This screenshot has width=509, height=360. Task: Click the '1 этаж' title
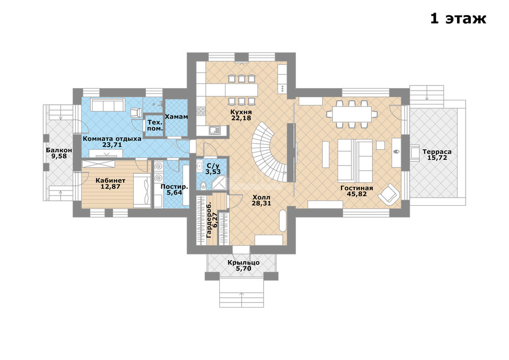coord(458,18)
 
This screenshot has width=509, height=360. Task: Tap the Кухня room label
coord(241,112)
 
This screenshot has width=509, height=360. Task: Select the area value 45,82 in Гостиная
coord(356,194)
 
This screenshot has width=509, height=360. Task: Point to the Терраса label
coord(437,152)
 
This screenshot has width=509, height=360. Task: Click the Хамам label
coord(176,117)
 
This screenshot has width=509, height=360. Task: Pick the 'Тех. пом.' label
coord(155,125)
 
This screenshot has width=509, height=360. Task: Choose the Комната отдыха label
coord(112,139)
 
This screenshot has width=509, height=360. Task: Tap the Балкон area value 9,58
coord(59,156)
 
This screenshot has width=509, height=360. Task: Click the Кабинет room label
coord(110,180)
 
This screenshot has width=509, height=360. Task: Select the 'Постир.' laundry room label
coord(174,187)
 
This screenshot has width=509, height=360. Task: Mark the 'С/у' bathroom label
coord(213,166)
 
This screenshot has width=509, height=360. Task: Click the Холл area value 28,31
coord(261,203)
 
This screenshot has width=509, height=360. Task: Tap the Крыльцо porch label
coord(243,263)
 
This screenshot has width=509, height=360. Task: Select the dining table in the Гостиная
coord(352,114)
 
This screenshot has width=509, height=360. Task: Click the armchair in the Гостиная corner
coord(389,194)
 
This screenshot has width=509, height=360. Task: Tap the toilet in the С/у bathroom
coord(204,185)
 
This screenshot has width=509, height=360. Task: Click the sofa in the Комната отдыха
coord(107,105)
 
